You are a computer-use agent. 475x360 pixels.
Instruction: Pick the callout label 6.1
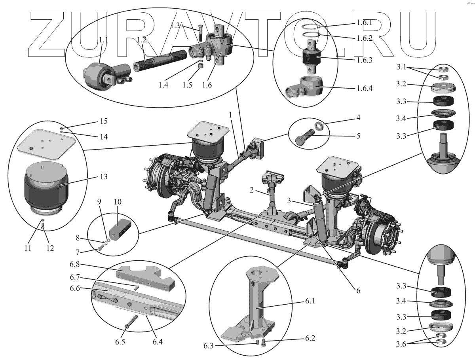(x=309, y=301)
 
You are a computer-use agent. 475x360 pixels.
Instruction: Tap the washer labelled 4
(x=319, y=127)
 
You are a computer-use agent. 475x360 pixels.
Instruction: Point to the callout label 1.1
(x=104, y=40)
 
